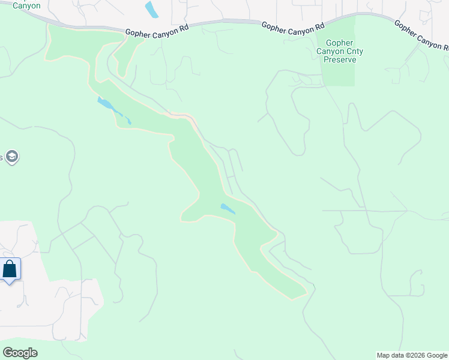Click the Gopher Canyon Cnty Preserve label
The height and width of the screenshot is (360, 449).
pos(341,51)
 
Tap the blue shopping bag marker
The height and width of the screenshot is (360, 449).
pos(10,269)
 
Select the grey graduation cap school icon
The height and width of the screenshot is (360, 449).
pos(12,157)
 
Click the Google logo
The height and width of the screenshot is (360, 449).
pos(20,353)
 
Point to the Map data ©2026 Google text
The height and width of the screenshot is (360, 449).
pos(411,355)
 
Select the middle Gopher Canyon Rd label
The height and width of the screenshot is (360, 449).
pos(294,26)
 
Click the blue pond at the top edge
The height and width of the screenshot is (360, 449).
pos(152,10)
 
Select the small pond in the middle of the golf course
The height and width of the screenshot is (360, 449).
pos(228,209)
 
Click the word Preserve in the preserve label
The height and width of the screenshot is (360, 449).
pos(341,59)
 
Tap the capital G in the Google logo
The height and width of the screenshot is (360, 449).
pos(7,352)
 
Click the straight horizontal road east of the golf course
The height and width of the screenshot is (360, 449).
pos(366,211)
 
